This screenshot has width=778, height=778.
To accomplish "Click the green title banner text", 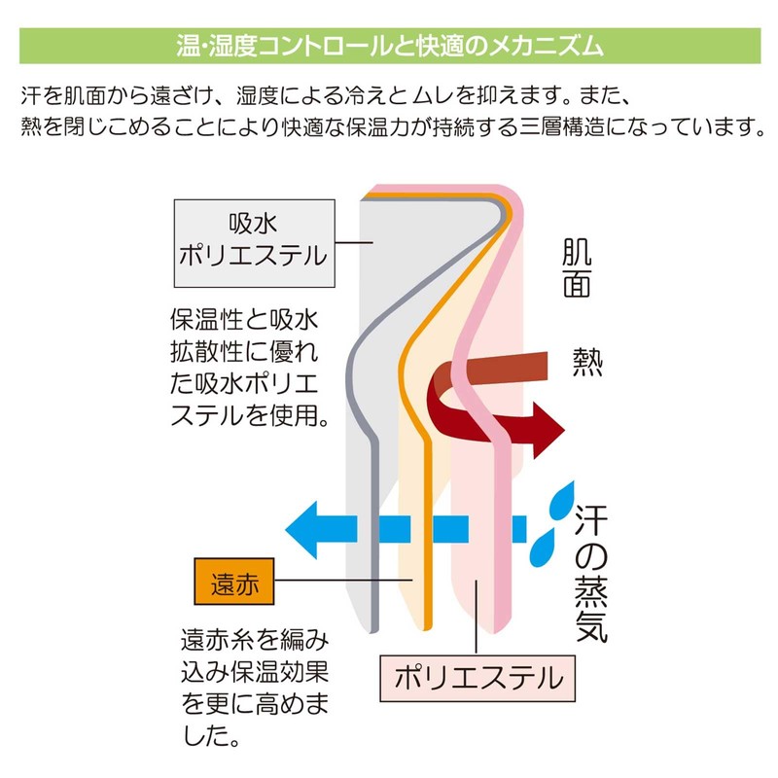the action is pyautogui.click(x=390, y=46).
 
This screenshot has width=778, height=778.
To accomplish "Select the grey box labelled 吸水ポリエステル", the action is pyautogui.click(x=255, y=243).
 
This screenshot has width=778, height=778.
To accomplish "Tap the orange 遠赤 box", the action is pyautogui.click(x=234, y=581).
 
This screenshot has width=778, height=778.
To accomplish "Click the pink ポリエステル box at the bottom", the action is pyautogui.click(x=477, y=678).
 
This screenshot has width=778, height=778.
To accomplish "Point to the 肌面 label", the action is pyautogui.click(x=577, y=268).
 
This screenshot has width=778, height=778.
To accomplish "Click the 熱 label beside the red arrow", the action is pyautogui.click(x=587, y=362).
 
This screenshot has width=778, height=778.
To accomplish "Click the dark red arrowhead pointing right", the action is pyautogui.click(x=548, y=431).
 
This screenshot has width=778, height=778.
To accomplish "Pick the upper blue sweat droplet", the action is pyautogui.click(x=563, y=501).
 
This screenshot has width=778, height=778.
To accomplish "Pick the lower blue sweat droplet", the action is pyautogui.click(x=542, y=548).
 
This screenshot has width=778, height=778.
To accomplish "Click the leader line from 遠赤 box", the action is pyautogui.click(x=343, y=580).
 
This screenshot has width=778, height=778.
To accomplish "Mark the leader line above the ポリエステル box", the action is pyautogui.click(x=476, y=618).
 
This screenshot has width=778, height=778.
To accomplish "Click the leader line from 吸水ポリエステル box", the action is pyautogui.click(x=354, y=242).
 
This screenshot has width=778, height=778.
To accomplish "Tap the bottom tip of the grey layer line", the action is pyautogui.click(x=374, y=631).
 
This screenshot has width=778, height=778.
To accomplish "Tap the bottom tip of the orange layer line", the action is pyautogui.click(x=428, y=629).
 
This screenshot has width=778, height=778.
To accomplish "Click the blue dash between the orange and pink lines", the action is pyautogui.click(x=450, y=529).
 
